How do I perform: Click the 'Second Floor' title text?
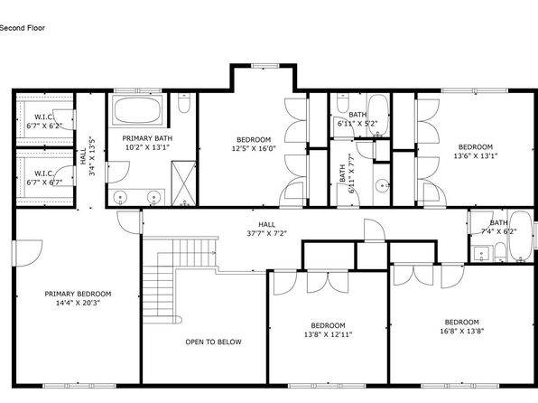pos(23,28)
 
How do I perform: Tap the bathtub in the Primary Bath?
pos(137,109)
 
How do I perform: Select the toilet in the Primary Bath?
pos(184,103)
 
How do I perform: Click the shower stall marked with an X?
pos(183,183)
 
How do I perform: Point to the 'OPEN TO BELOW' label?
pos(213,342)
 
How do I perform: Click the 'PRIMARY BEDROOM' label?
pos(78,294)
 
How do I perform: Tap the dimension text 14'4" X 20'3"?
pos(78,303)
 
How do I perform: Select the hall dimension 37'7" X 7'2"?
pos(266,234)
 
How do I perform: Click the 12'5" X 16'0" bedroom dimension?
pos(254,149)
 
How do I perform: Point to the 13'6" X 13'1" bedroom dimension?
pos(476,156)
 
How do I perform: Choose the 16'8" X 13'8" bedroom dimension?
pos(462,332)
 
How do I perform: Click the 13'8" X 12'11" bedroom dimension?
pos(328,334)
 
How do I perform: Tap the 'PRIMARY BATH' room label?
pos(147,138)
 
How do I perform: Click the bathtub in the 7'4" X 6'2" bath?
pos(521,237)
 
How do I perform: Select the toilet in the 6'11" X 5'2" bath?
pos(343,103)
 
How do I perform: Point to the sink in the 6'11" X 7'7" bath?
pos(382,186)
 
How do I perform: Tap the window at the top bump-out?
pos(264,66)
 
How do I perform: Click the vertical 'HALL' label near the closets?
pos(83,156)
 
